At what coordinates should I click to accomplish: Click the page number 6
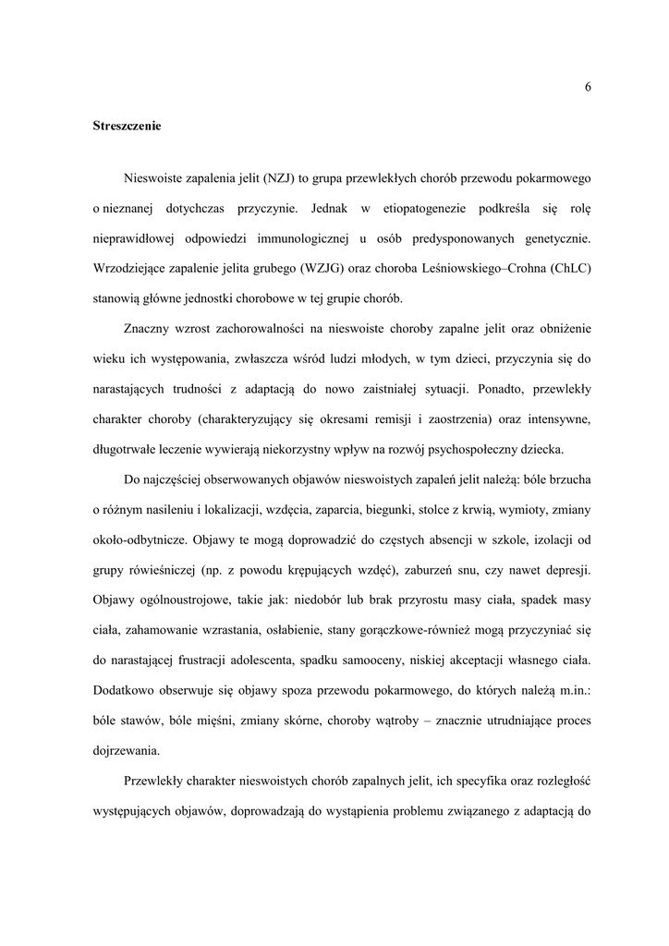(x=588, y=87)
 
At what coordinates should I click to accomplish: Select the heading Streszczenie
(x=127, y=126)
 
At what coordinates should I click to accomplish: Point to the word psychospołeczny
(x=480, y=450)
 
